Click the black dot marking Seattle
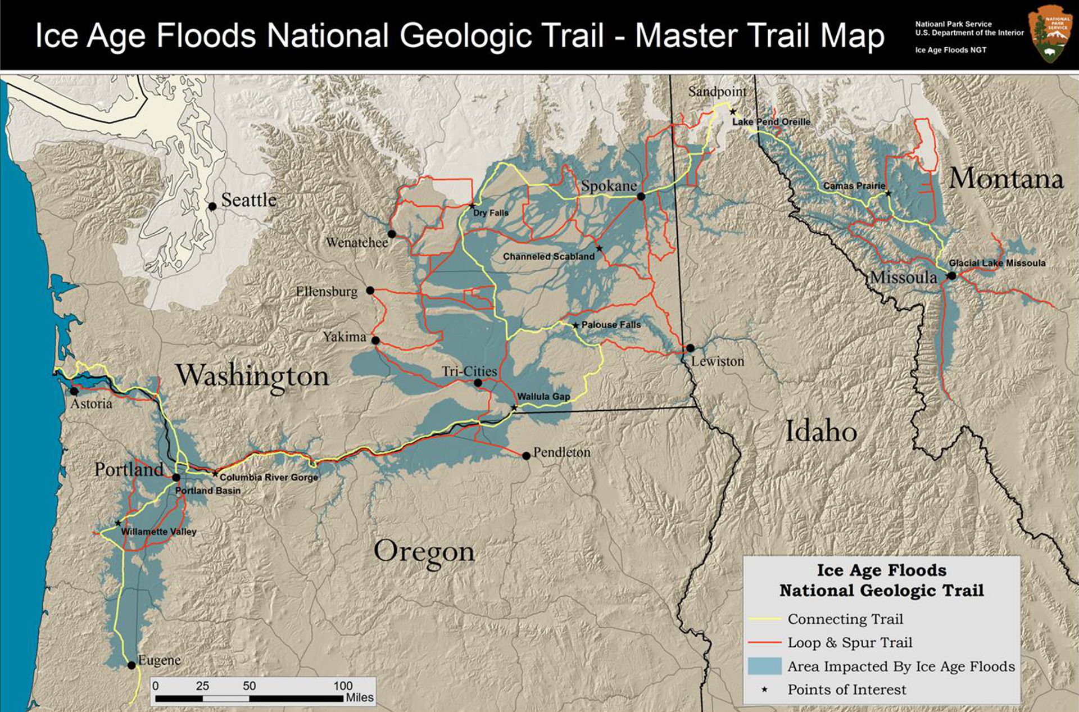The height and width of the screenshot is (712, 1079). [212, 207]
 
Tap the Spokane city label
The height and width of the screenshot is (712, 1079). [609, 186]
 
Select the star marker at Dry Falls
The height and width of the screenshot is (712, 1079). [472, 206]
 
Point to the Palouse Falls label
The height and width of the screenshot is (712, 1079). [611, 325]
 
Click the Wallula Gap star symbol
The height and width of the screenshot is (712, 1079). [514, 407]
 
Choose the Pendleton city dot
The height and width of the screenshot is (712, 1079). [526, 456]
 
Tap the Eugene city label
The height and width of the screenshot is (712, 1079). [159, 660]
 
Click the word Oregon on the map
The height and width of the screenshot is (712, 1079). [424, 552]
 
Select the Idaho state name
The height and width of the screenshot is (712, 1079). [820, 432]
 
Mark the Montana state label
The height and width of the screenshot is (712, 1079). [1006, 179]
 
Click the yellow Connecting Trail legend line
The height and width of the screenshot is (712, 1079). [764, 619]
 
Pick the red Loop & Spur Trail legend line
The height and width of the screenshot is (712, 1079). [764, 642]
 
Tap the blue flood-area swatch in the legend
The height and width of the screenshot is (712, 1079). [764, 666]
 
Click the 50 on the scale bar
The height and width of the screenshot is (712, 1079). [249, 686]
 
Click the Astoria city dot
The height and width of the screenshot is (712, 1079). [74, 391]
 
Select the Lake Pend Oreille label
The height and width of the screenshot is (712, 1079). [771, 122]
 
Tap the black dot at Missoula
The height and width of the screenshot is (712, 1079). [951, 276]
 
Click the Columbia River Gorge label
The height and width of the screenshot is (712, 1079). [269, 477]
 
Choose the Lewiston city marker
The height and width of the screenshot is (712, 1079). [690, 348]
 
